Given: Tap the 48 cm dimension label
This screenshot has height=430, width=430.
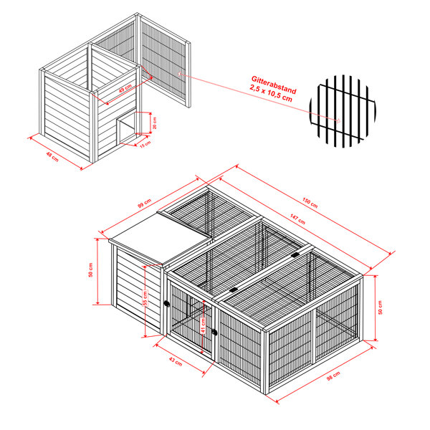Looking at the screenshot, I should click(x=50, y=155).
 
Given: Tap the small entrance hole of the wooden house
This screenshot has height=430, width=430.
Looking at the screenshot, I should click(x=127, y=131).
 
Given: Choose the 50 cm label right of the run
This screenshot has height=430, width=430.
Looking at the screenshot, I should click(x=381, y=308).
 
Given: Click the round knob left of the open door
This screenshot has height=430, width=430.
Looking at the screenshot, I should click(x=167, y=303).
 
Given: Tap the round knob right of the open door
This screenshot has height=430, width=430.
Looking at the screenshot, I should click(x=214, y=332).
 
